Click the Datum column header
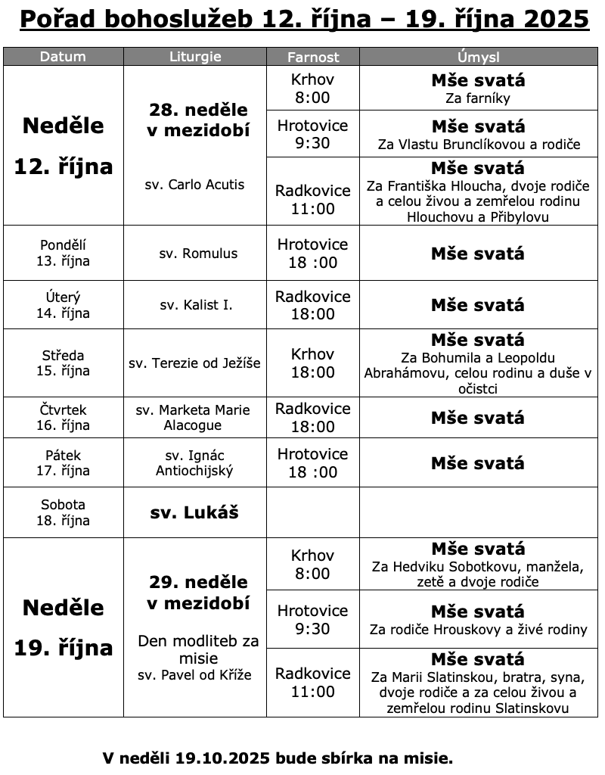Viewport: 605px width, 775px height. [63, 57]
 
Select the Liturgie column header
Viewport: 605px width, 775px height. [195, 57]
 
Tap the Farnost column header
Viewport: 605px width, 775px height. [313, 57]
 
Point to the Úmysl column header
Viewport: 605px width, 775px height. [478, 57]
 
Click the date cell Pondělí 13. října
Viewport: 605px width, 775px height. [63, 253]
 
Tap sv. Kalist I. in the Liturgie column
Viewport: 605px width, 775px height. [196, 305]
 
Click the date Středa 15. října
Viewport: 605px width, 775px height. [63, 363]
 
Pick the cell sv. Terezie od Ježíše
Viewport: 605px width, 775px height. [195, 363]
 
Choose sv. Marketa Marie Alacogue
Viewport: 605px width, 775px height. [193, 418]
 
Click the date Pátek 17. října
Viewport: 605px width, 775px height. [63, 462]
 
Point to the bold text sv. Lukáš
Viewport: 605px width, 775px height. [195, 512]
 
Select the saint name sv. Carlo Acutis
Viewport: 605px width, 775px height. [195, 184]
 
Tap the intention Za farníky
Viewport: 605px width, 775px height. [478, 98]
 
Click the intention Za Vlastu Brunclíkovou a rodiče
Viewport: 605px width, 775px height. [478, 144]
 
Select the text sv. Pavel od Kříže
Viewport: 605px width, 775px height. [195, 674]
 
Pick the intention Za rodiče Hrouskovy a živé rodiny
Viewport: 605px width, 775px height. [478, 629]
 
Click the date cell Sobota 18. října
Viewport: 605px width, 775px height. [63, 512]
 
